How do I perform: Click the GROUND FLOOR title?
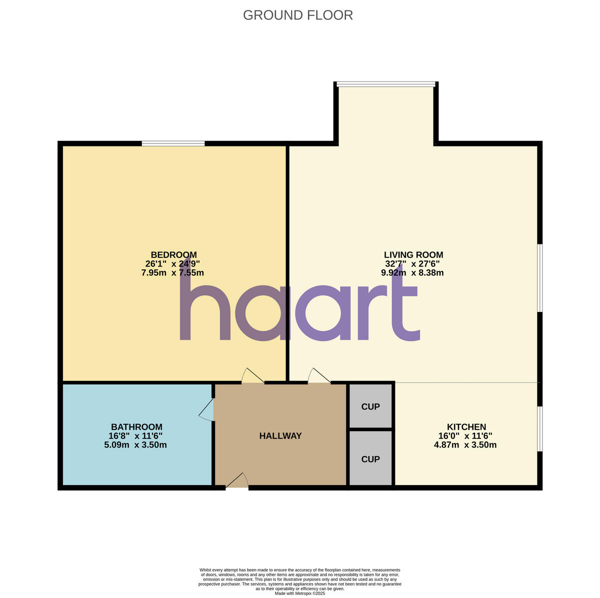(x=298, y=15)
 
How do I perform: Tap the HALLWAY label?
(x=280, y=436)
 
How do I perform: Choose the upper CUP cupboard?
(x=370, y=406)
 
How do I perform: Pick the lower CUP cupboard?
(x=370, y=459)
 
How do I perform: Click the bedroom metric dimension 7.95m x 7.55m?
(x=173, y=273)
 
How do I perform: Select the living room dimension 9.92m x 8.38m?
(x=412, y=273)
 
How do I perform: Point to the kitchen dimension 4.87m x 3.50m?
(x=465, y=445)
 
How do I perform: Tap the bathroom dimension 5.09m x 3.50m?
(x=135, y=445)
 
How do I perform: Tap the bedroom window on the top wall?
(x=173, y=144)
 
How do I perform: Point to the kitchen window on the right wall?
(x=540, y=428)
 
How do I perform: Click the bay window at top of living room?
(x=385, y=84)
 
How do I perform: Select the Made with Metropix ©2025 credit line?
(x=300, y=593)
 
